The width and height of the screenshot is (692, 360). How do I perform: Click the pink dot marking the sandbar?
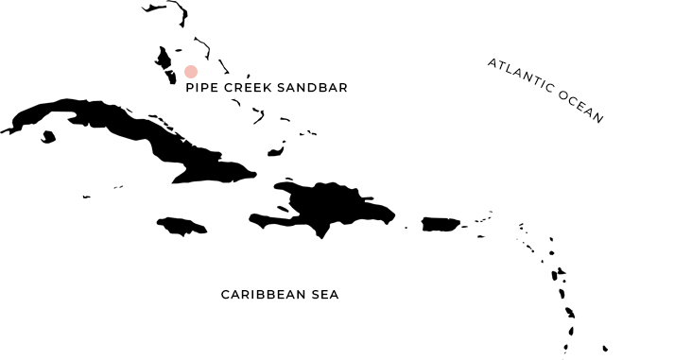191,72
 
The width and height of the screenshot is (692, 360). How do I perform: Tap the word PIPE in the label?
201,88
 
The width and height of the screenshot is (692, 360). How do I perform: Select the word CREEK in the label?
247,88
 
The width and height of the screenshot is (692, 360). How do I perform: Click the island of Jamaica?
181,226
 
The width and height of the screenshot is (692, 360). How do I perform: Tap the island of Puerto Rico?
440,224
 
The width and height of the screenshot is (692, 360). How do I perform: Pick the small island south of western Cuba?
47,138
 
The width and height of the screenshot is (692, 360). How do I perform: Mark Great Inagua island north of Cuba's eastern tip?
276,151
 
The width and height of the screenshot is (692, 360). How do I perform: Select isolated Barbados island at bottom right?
605,348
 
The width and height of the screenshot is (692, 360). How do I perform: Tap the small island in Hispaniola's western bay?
283,208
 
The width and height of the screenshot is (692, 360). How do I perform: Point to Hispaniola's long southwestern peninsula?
269,221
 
